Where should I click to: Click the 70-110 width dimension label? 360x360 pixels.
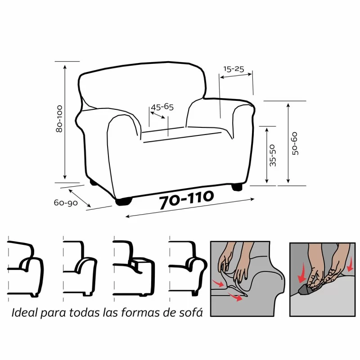coord(186,201)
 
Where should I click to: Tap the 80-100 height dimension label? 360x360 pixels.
coord(59,119)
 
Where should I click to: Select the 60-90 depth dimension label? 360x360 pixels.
coord(66,203)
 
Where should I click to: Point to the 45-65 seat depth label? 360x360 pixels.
coord(162,107)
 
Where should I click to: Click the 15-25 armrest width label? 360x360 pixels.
coord(234,69)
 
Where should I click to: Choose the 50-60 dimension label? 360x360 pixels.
coord(295,144)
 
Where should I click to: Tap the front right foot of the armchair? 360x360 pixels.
coord(238,186)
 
